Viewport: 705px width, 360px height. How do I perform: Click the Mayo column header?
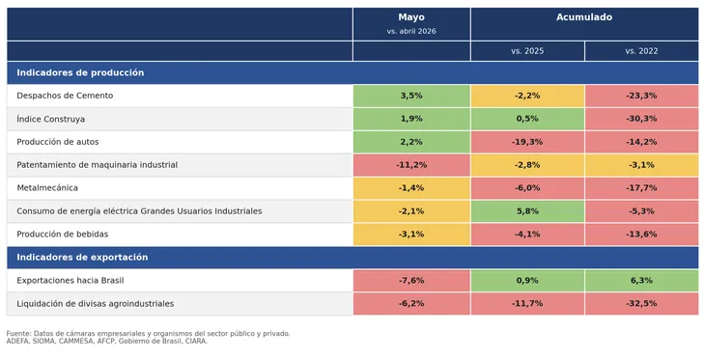point(411,17)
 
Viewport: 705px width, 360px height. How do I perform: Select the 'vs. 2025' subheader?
point(527,51)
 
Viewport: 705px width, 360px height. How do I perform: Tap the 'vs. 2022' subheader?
point(641,51)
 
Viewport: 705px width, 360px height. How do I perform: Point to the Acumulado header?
point(584,17)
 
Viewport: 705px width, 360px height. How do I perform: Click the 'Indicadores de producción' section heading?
point(80,72)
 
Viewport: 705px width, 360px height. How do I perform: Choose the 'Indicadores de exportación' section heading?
point(82,258)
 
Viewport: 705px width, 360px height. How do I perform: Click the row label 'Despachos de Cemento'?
point(65,96)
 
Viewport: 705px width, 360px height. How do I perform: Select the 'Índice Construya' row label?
point(51,119)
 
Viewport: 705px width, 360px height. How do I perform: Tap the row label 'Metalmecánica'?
point(47,188)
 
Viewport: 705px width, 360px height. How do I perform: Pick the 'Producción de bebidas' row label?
point(63,235)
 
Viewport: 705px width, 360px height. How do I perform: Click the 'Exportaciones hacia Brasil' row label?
point(70,281)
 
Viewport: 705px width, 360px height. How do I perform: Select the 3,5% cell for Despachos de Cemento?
point(411,96)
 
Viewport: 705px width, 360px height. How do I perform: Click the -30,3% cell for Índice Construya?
point(641,119)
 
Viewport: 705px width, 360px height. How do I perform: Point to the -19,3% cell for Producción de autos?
point(527,142)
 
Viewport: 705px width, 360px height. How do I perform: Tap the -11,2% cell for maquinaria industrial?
point(411,165)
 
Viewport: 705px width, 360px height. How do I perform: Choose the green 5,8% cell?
point(527,211)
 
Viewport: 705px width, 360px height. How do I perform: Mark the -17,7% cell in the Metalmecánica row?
point(641,188)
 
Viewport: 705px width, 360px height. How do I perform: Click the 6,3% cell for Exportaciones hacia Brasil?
point(641,281)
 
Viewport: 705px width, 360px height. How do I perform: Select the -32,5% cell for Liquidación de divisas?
point(641,303)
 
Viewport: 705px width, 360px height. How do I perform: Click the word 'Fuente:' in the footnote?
point(19,334)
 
